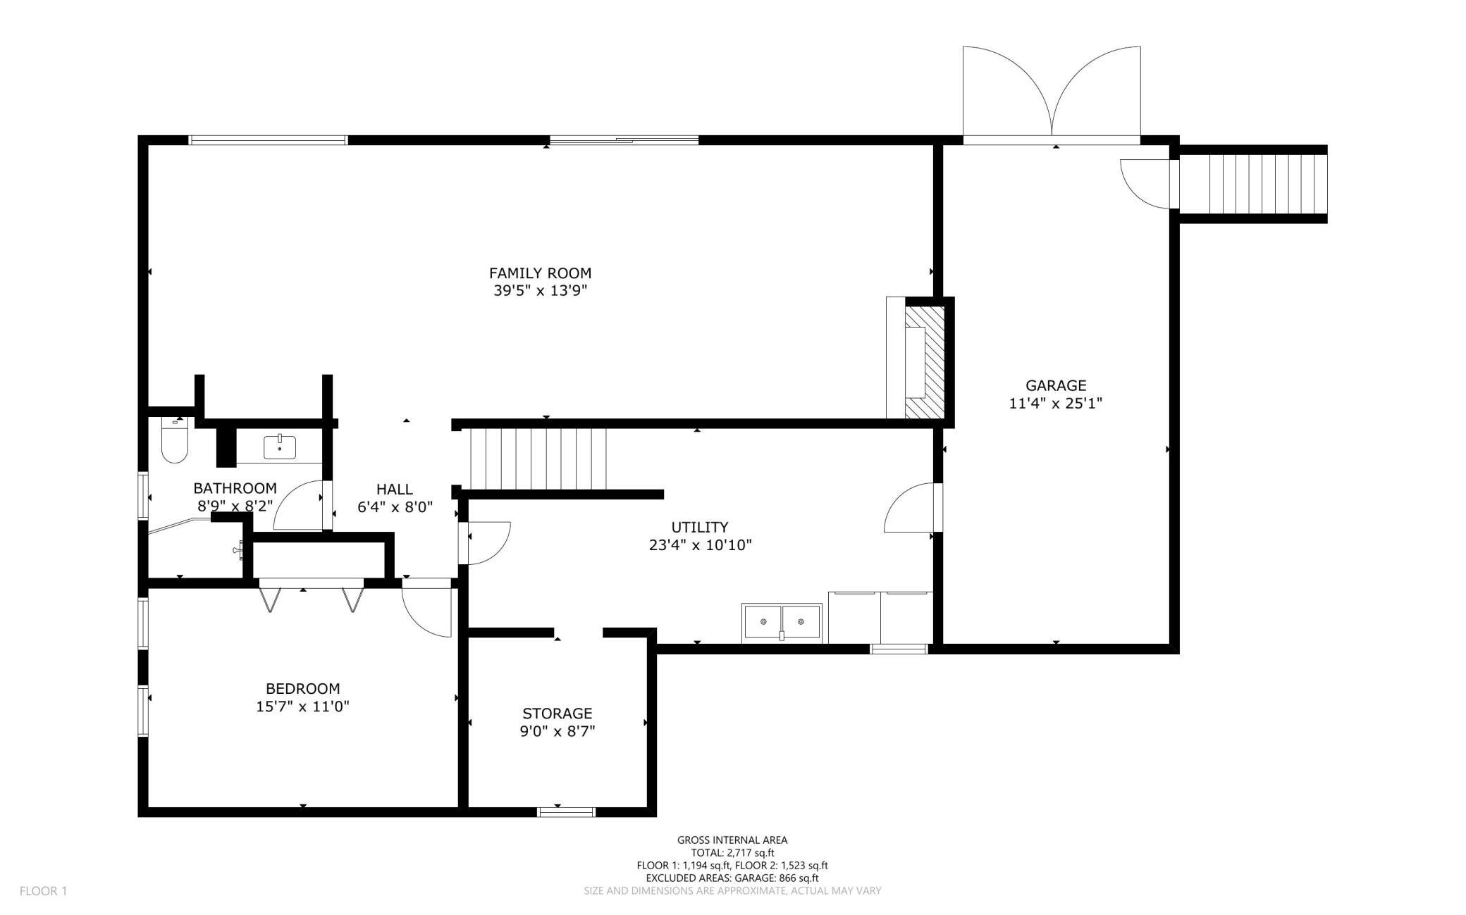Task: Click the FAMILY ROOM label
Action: point(541,273)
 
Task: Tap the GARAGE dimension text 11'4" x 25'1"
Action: point(1055,404)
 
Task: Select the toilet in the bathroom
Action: point(174,440)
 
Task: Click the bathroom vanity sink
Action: point(280,447)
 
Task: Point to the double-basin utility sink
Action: point(782,623)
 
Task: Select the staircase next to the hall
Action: point(538,459)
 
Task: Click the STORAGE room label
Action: point(558,714)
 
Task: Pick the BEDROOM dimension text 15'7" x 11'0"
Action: point(303,707)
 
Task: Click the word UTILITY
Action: point(700,527)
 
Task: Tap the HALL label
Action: point(395,489)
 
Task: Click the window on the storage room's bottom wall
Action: point(567,812)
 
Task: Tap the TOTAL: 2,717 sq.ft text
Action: point(732,852)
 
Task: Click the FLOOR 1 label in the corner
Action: point(43,891)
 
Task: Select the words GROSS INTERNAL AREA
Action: point(732,840)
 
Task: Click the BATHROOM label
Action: point(235,488)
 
